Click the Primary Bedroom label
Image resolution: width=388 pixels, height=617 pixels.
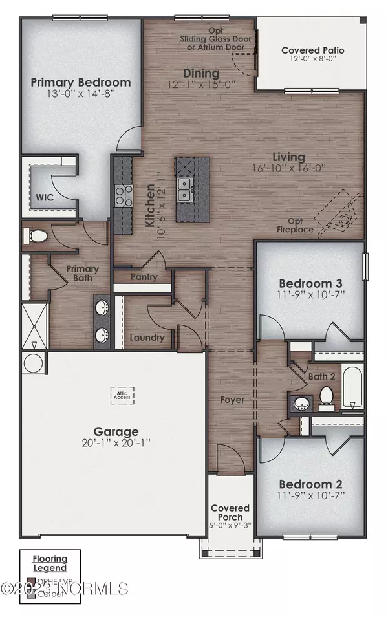click(81, 82)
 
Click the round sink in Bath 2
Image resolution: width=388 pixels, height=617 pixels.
click(301, 404)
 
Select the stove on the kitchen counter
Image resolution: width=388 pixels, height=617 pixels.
click(122, 195)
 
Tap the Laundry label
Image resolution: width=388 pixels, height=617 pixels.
click(146, 337)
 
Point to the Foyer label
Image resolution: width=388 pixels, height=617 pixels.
click(232, 400)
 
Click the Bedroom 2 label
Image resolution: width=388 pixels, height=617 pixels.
click(310, 484)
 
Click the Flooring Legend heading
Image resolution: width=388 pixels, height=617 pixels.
click(50, 563)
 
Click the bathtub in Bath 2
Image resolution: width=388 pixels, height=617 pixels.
click(352, 388)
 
